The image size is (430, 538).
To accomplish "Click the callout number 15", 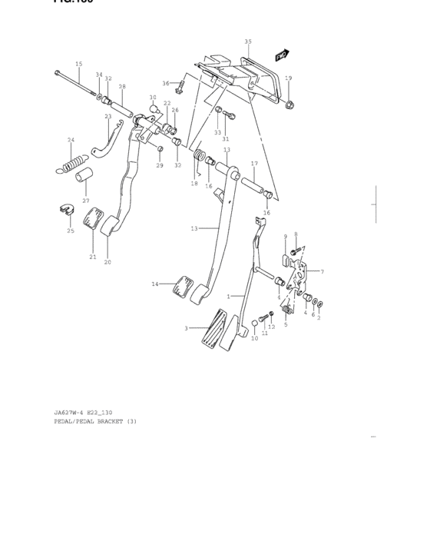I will point(78,64).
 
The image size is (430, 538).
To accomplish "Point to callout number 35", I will point(247,41).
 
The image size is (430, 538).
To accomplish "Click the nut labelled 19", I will point(289,104).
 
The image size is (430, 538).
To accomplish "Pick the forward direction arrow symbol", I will point(282,55).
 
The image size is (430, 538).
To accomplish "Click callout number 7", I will point(322,272).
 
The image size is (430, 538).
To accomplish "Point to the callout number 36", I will point(165,83).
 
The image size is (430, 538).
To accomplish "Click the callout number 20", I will point(107,262).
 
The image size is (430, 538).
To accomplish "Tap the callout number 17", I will point(254,164).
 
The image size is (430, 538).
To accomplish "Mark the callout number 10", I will point(254,339).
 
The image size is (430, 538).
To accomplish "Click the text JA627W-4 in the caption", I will point(69,413).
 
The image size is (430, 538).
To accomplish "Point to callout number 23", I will point(108,117).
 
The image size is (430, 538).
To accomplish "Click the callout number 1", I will point(228,296).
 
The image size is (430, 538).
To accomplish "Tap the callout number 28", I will point(121,87).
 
